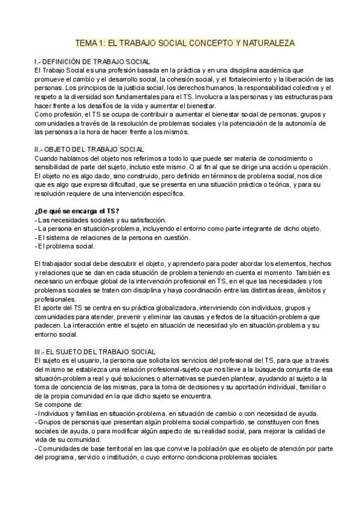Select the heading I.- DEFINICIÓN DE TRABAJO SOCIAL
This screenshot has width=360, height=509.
92,62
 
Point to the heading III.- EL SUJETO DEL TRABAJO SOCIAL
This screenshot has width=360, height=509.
95,351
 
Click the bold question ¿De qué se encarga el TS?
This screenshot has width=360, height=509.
77,210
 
